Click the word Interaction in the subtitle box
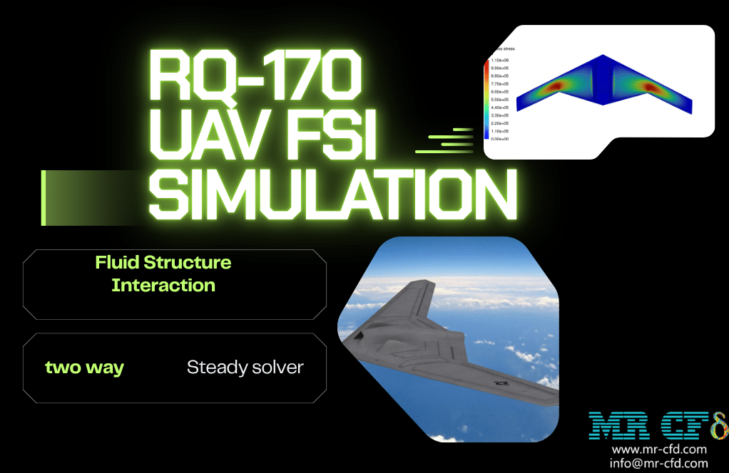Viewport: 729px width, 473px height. pyautogui.click(x=163, y=286)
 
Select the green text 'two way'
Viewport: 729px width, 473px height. pyautogui.click(x=84, y=368)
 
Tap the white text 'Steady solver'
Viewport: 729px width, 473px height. pyautogui.click(x=245, y=368)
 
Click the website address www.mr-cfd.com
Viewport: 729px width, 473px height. pyautogui.click(x=659, y=449)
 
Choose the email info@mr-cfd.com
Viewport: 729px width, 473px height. pyautogui.click(x=659, y=463)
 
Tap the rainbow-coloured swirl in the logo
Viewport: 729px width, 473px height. pyautogui.click(x=715, y=425)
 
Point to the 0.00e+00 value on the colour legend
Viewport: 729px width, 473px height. pyautogui.click(x=499, y=139)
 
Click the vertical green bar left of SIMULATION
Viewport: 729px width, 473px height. pyautogui.click(x=44, y=198)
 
